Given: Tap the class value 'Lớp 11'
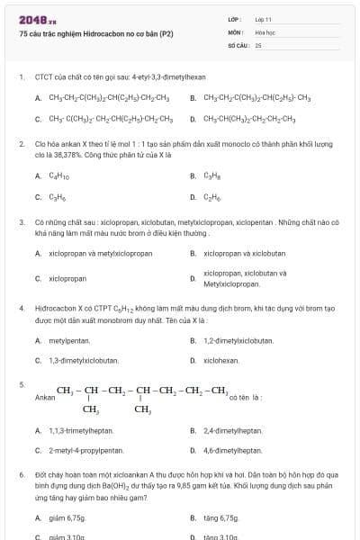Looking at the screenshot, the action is pos(264,19).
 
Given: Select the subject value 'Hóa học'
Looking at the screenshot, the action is pos(265,31).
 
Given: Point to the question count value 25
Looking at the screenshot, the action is pos(258,44).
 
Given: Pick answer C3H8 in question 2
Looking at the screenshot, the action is pos(213,176).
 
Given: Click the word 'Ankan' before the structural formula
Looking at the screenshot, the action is pos(43,396).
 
